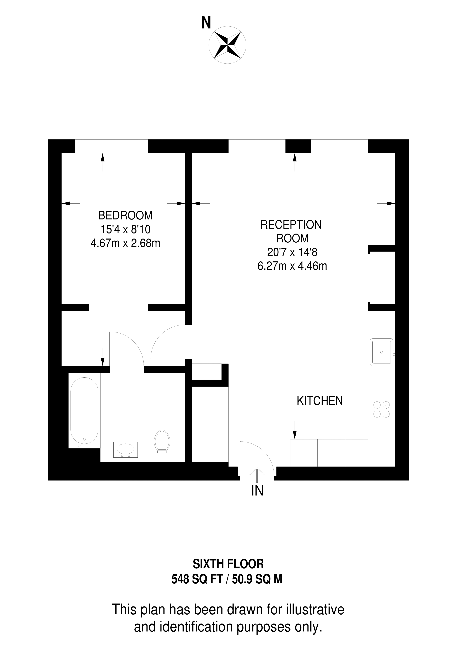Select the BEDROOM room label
(x=125, y=216)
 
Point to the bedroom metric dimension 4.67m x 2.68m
(x=125, y=243)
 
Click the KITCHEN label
(x=320, y=401)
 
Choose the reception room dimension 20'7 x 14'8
(x=292, y=252)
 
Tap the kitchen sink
(x=382, y=352)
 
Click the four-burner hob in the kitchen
(x=382, y=409)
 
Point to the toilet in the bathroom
(x=162, y=441)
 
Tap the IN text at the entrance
(x=257, y=491)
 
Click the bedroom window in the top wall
(x=112, y=146)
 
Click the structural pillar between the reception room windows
(x=298, y=146)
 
